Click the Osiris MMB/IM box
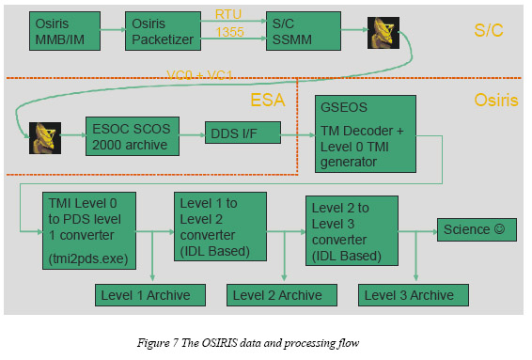(65, 31)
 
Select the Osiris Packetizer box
(163, 31)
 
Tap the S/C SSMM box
(304, 31)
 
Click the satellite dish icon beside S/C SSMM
(383, 33)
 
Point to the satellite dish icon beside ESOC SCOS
(45, 138)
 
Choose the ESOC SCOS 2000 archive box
(133, 136)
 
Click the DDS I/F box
(243, 133)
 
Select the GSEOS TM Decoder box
(366, 134)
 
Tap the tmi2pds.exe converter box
(89, 230)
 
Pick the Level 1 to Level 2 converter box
(220, 227)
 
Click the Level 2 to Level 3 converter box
(352, 230)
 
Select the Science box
(477, 229)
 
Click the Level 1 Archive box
(150, 295)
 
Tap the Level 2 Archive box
(282, 295)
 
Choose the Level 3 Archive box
(414, 295)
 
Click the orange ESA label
(268, 100)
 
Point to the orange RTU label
(228, 14)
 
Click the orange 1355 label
(230, 32)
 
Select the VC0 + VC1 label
(199, 74)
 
